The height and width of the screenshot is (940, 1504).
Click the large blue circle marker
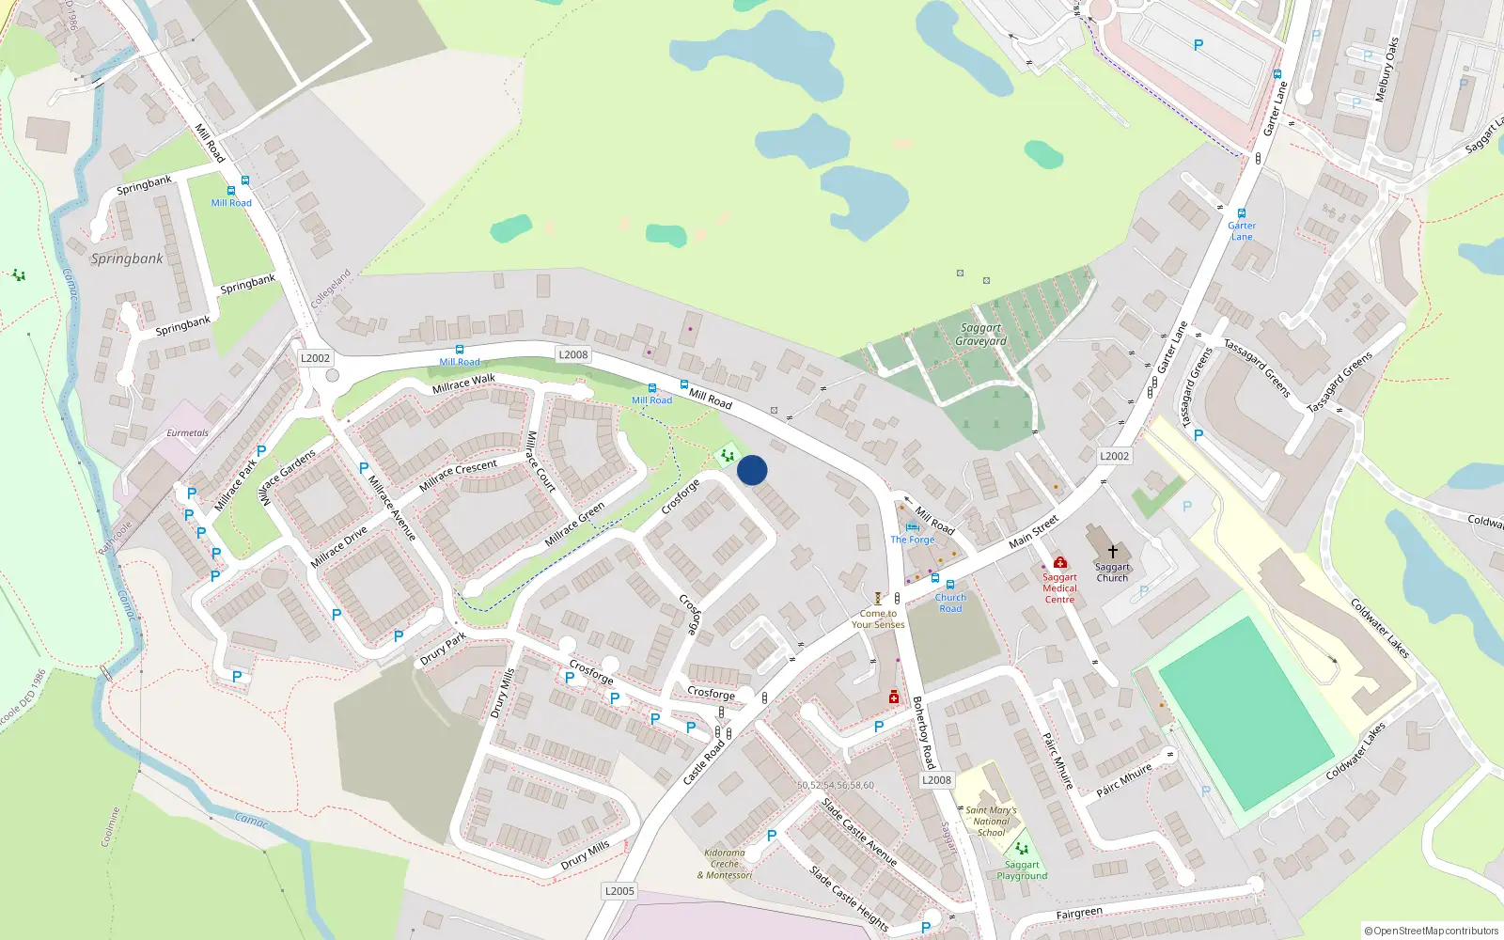752,470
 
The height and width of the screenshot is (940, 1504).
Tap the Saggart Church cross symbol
1113,552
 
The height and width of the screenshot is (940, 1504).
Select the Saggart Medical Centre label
1059,588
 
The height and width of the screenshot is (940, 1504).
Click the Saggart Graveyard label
980,335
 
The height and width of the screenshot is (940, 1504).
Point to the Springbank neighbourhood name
127,258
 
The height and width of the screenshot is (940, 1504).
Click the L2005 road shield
619,891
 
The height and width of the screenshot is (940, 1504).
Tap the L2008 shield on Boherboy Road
936,780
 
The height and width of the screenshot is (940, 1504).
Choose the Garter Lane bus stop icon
1242,213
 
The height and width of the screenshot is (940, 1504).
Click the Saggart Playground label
1022,870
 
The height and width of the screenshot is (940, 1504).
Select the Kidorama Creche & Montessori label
725,864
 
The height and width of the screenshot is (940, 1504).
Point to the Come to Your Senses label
878,619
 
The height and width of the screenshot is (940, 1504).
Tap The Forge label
913,540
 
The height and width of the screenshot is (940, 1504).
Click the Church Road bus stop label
950,603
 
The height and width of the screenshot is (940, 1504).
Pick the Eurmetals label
187,433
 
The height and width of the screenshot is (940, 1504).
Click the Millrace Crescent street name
458,475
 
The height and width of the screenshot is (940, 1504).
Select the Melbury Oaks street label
1386,70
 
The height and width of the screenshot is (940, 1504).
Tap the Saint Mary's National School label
991,822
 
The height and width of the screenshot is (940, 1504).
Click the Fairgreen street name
1078,913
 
